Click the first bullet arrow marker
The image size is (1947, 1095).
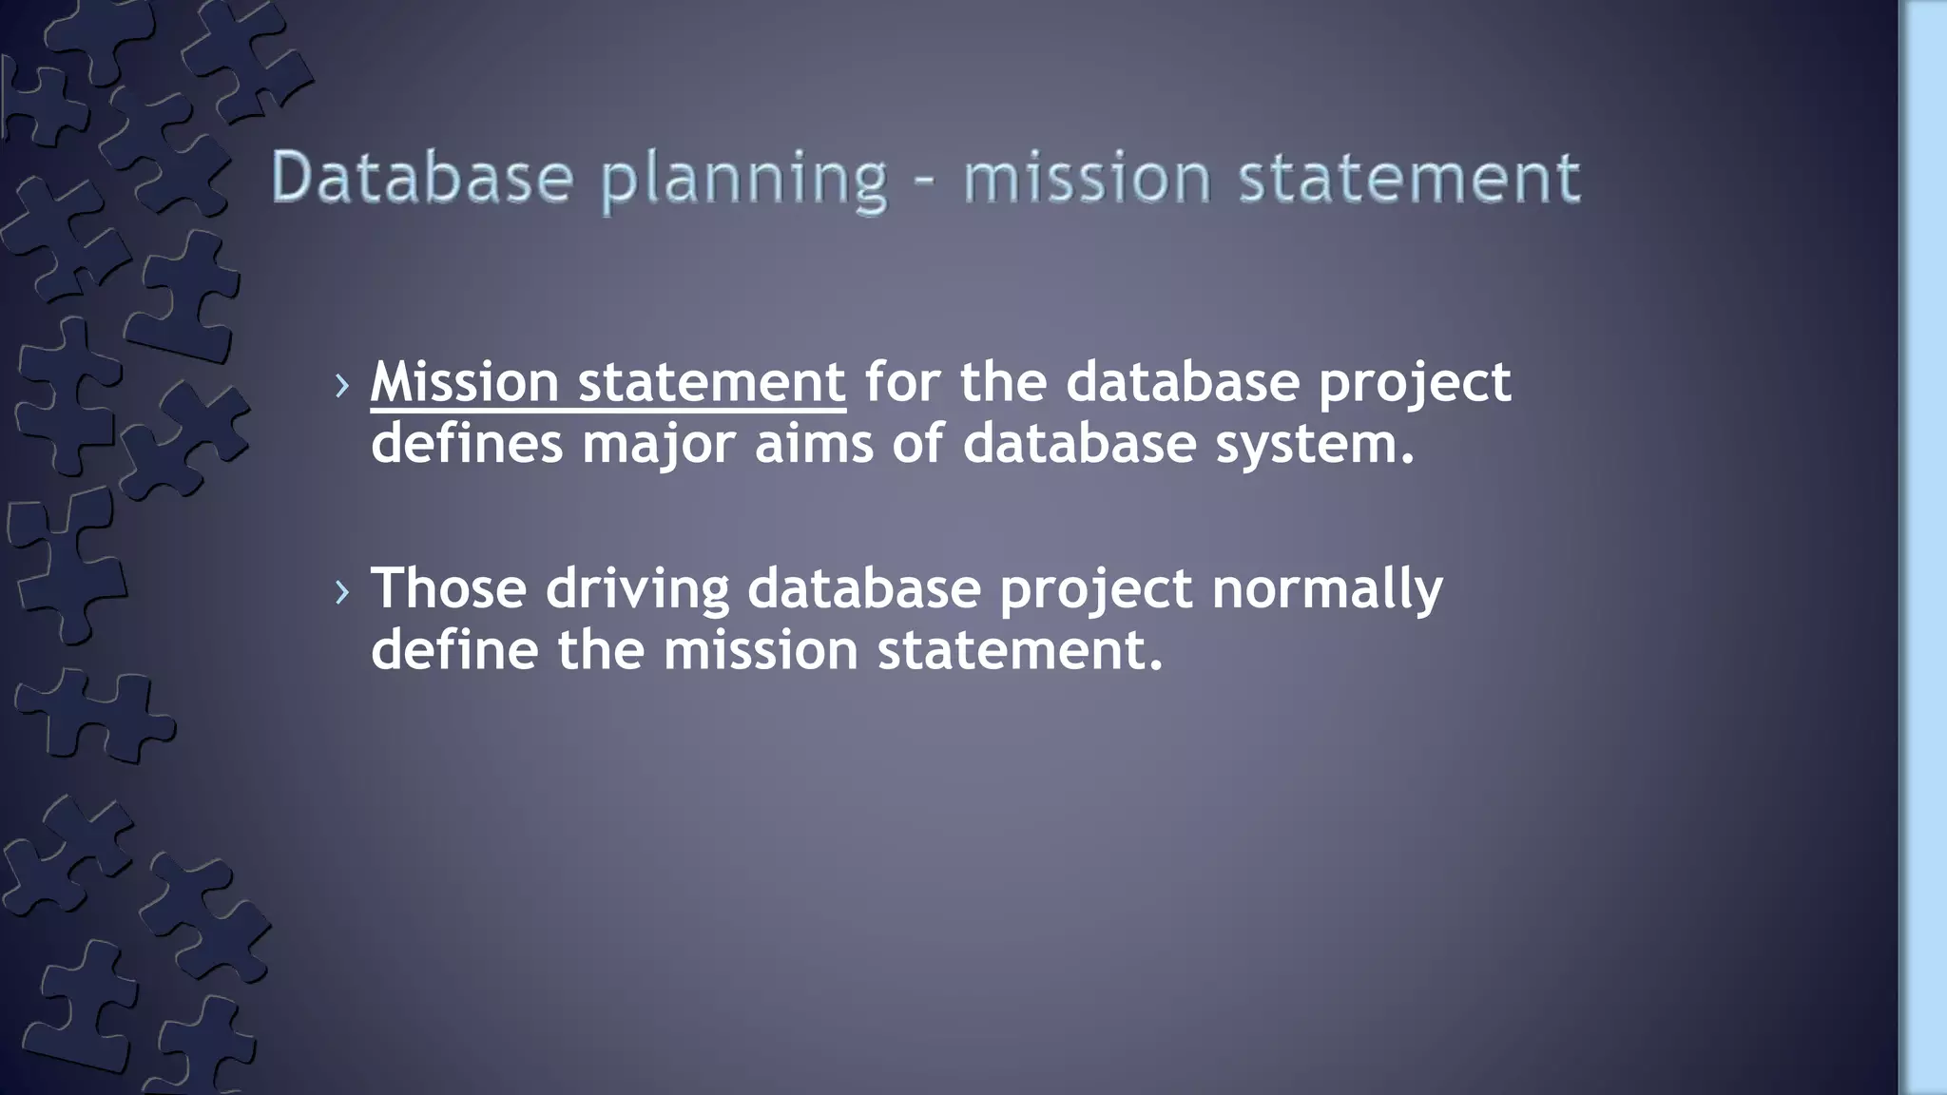pos(342,386)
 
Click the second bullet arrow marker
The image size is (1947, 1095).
pos(342,592)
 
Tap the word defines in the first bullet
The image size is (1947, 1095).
pos(467,444)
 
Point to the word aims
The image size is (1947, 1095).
pos(814,444)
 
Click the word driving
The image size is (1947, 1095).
pos(637,589)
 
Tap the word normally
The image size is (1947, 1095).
pos(1327,589)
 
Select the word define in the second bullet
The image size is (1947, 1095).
pos(454,650)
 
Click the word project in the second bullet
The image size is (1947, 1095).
pos(1095,590)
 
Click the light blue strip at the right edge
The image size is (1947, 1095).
pos(1924,547)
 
